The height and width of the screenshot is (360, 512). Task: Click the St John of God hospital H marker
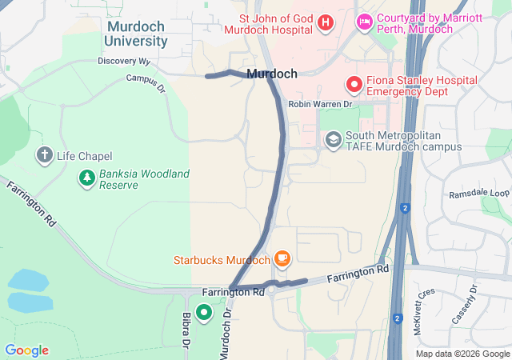[326, 22]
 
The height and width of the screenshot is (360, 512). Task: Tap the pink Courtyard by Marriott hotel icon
[364, 22]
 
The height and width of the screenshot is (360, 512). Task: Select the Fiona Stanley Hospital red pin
[353, 84]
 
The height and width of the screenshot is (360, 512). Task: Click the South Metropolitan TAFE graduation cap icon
[333, 141]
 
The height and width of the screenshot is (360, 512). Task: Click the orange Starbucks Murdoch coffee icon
[282, 259]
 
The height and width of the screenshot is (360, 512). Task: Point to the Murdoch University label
[137, 34]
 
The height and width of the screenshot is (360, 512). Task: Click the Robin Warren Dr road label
[320, 104]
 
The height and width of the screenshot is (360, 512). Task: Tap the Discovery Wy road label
[124, 61]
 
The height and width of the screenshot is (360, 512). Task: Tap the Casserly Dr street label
[464, 305]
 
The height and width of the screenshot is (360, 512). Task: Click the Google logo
[26, 350]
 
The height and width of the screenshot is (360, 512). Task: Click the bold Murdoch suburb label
[272, 74]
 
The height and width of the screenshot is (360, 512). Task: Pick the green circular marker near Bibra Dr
[204, 313]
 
